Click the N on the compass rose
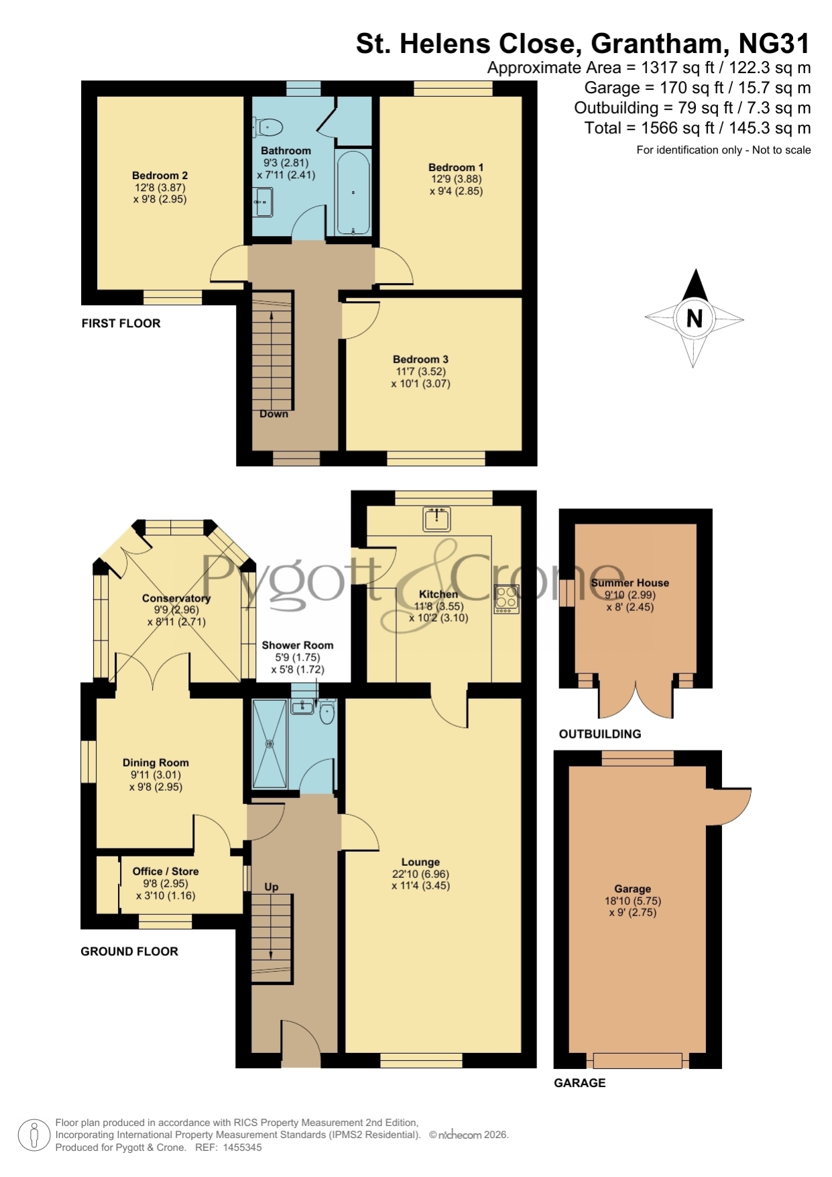(695, 318)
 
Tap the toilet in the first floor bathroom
(268, 126)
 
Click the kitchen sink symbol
(437, 518)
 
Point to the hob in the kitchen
(507, 600)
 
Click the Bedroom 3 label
(420, 359)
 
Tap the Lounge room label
(420, 862)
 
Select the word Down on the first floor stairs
(274, 414)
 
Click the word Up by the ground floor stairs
(271, 887)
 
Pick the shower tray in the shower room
(270, 743)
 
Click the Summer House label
(630, 583)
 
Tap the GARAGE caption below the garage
(579, 1082)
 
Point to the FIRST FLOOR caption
(121, 323)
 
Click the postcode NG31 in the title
(774, 44)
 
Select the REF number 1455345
(239, 1147)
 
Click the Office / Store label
(166, 871)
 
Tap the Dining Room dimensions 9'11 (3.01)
(156, 775)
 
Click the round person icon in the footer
(34, 1135)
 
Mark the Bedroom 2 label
(160, 176)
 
